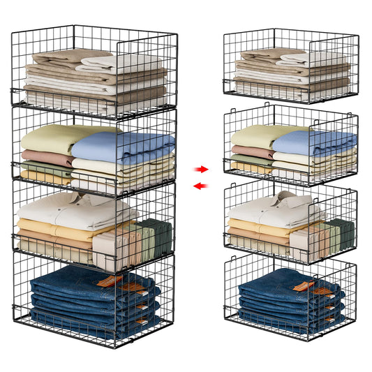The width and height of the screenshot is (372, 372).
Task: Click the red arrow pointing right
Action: [x=202, y=169]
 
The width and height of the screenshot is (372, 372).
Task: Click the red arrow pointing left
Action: [x=200, y=186]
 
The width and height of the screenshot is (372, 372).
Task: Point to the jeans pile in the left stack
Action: [x=84, y=300]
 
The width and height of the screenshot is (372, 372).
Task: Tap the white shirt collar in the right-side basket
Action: [x=285, y=199]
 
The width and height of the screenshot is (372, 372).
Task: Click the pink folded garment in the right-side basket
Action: [x=250, y=151]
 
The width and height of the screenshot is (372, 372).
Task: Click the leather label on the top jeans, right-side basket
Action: [x=302, y=285]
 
